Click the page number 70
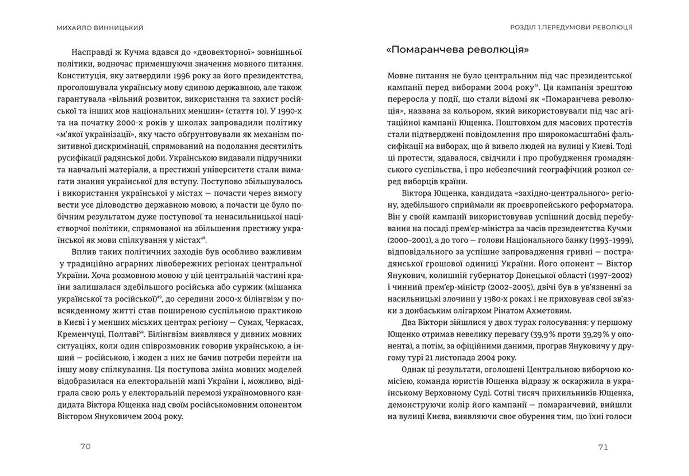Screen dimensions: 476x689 (85, 447)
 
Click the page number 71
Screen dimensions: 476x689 (603, 447)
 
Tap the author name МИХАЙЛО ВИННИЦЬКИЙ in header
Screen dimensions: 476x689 (100, 28)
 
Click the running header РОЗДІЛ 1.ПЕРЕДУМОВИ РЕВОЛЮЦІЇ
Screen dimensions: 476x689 (571, 27)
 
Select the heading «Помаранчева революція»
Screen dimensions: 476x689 (458, 50)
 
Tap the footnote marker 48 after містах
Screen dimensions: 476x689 (203, 238)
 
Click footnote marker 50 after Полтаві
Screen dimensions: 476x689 (141, 332)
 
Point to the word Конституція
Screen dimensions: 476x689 (81, 76)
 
